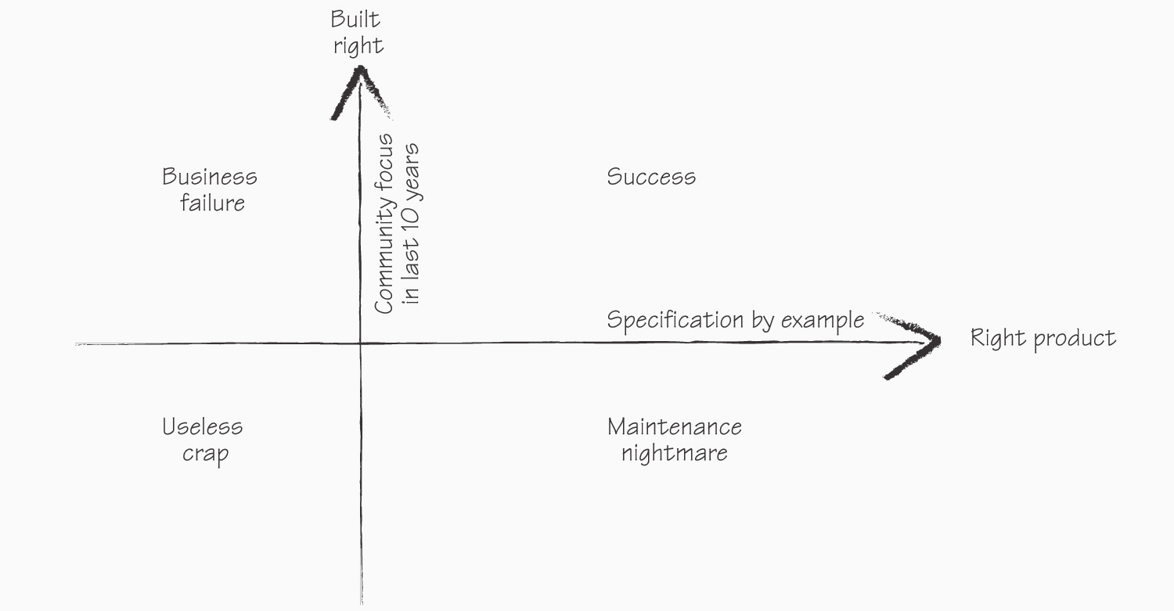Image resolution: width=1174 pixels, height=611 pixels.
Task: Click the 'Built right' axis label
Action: coord(358,32)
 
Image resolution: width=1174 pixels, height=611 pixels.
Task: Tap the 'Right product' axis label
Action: coord(1043,338)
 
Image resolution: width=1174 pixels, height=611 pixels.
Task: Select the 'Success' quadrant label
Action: coord(651,177)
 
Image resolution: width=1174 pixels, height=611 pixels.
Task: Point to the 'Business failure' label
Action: coord(210,190)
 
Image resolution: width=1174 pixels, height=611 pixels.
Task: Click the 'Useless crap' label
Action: coord(203,440)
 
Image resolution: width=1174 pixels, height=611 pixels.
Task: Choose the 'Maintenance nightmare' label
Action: coord(675,440)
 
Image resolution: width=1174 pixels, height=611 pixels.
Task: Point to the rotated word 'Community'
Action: coord(384,258)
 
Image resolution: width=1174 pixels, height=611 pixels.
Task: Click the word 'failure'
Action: coord(212,203)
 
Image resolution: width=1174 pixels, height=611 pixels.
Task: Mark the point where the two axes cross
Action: coord(360,343)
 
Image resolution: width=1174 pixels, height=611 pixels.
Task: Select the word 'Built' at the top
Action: coord(355,20)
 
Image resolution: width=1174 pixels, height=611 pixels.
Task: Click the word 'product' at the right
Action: coord(1075,339)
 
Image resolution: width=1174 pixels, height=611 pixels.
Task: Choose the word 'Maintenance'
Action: coord(675,427)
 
